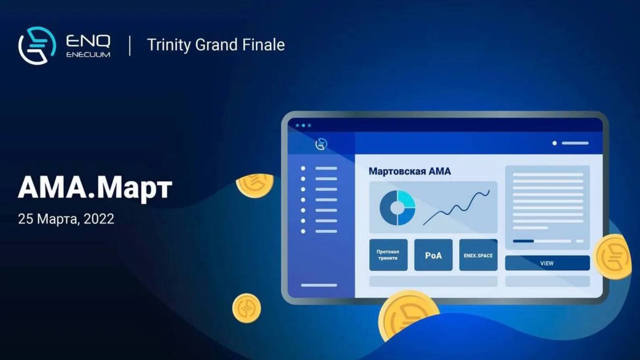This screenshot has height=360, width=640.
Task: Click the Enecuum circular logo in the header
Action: tap(37, 46)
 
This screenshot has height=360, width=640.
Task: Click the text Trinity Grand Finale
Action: tap(216, 45)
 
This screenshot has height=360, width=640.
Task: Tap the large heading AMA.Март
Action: tap(95, 187)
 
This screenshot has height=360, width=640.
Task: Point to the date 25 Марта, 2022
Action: tap(66, 219)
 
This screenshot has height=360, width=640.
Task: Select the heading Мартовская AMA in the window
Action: tap(410, 171)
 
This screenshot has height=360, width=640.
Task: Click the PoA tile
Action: tap(433, 255)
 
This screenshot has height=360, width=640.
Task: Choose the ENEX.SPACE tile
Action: tap(478, 255)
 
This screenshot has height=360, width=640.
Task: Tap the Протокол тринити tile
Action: tap(388, 255)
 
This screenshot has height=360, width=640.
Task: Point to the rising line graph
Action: tap(456, 208)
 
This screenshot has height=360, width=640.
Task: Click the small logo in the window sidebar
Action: tap(321, 144)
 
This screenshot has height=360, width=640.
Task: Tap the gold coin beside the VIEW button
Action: tap(613, 256)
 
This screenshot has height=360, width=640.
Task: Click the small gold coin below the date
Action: tap(246, 308)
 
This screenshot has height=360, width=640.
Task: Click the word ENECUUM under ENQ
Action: tap(88, 54)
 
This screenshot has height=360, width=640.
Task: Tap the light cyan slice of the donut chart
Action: tap(406, 199)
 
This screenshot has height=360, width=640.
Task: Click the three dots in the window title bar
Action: tap(303, 126)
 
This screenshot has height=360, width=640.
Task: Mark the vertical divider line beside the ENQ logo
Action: tap(130, 46)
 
